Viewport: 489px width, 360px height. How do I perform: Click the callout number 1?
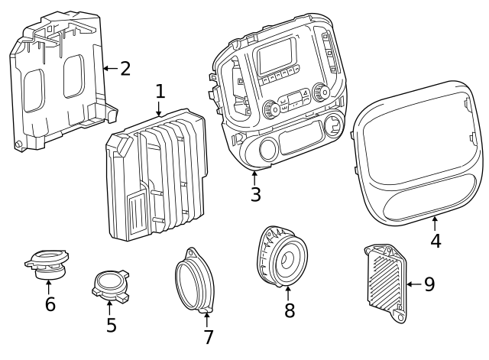160,92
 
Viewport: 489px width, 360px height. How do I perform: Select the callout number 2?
125,69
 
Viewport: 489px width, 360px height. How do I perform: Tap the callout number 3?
255,194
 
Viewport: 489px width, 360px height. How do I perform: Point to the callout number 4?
436,241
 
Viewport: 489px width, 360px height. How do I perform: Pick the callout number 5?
112,325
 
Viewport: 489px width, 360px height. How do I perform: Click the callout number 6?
50,304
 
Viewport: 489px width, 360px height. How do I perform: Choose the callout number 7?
209,337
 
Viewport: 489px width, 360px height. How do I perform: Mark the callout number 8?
290,310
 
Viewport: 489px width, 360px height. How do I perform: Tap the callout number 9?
429,284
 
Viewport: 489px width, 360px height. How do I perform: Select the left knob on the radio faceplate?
271,109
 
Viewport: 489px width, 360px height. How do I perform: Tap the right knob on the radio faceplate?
321,92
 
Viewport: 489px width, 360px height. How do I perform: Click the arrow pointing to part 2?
110,68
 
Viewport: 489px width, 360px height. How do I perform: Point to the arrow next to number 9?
414,284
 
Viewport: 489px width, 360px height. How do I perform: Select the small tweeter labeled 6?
47,264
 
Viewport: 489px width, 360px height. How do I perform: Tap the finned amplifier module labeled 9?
385,283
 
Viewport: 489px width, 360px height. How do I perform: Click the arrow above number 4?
435,223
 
